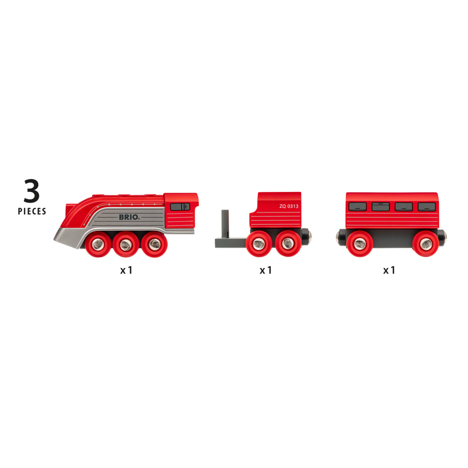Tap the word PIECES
pos(32,211)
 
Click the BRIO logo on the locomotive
pos(128,217)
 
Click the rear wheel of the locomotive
pos(151,243)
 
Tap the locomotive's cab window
pos(180,206)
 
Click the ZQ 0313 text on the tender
pos(289,206)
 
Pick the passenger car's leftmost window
pos(356,206)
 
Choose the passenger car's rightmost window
pos(426,206)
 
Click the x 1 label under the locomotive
pos(126,270)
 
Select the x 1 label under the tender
pos(266,270)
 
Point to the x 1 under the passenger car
pos(389,270)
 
